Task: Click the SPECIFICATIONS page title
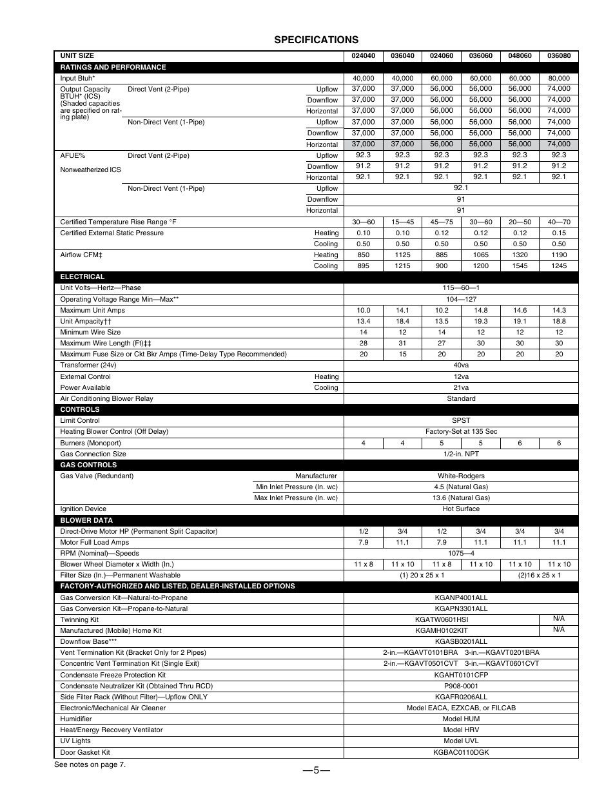click(316, 40)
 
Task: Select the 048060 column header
click(520, 56)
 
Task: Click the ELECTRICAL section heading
click(83, 277)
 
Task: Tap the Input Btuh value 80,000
click(559, 79)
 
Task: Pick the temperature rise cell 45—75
click(442, 222)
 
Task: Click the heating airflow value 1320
click(520, 255)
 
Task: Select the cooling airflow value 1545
click(520, 266)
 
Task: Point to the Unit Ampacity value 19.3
click(480, 322)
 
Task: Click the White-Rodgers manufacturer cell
click(461, 476)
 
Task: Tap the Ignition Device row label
click(83, 509)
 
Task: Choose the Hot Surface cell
click(461, 509)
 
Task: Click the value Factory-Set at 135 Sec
click(461, 432)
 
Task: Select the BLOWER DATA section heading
click(86, 521)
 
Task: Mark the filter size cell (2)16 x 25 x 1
click(539, 576)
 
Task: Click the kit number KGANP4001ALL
click(461, 598)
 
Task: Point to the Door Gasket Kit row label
click(85, 753)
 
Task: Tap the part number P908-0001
click(461, 686)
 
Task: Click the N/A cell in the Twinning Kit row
click(559, 619)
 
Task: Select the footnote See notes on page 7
click(90, 765)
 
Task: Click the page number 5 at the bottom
click(316, 771)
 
